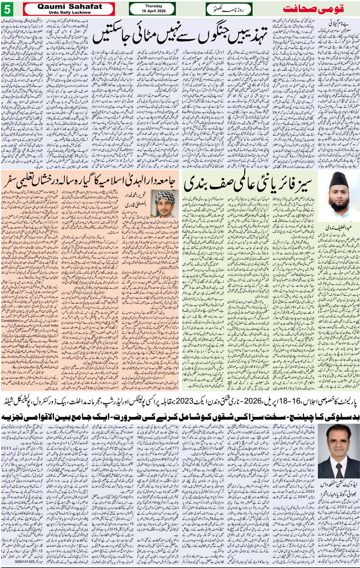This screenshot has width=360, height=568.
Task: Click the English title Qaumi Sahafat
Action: click(x=70, y=6)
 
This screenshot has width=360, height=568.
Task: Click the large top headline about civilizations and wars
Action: click(x=186, y=35)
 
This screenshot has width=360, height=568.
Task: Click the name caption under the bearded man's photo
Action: click(x=339, y=227)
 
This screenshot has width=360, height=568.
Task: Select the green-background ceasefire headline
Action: click(x=250, y=184)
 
